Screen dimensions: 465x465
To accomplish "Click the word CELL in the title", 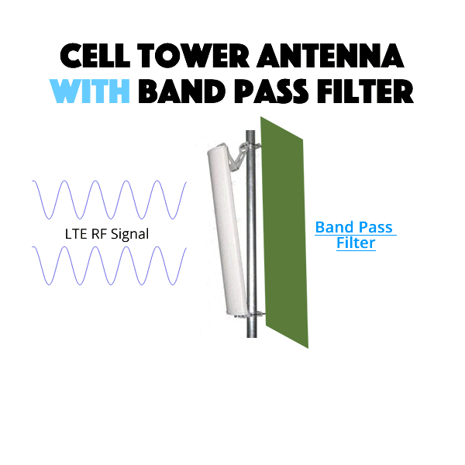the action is (95, 56).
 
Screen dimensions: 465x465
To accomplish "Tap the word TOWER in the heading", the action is (194, 56).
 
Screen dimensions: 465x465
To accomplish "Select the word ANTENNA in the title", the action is (331, 56).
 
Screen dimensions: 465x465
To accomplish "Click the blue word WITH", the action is (90, 91).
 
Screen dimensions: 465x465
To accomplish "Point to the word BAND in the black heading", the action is (182, 91).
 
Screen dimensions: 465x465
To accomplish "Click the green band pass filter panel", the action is (284, 232).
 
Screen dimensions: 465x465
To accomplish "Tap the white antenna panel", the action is (227, 231).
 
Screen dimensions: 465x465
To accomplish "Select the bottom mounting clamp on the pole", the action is (255, 315).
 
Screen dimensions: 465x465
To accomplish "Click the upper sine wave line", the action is (109, 200).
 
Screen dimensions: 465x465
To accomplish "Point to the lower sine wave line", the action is (109, 265).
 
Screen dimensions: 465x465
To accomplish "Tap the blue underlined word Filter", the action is (356, 243).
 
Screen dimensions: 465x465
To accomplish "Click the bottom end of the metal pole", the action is (251, 337).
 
